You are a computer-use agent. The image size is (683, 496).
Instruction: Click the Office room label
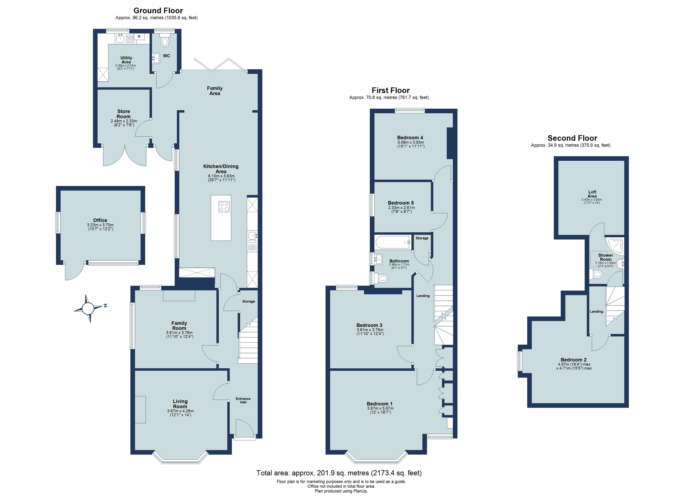point(100,220)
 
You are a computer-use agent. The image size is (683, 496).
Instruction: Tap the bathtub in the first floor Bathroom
point(393,242)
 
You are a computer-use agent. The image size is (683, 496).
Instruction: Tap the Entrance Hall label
point(243,400)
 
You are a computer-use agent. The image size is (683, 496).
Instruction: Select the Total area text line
point(339,473)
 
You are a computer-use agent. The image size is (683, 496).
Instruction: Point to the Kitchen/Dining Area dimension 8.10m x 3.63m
point(221,176)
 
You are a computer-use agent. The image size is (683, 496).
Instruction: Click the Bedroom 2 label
point(573,360)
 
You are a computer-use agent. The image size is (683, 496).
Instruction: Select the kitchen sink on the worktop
point(252,236)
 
